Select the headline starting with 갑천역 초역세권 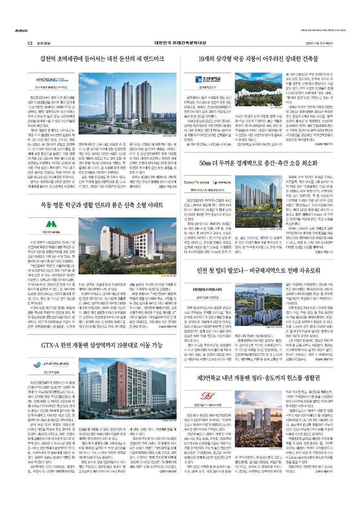pyautogui.click(x=102, y=59)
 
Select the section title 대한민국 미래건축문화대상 pyautogui.click(x=180, y=42)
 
